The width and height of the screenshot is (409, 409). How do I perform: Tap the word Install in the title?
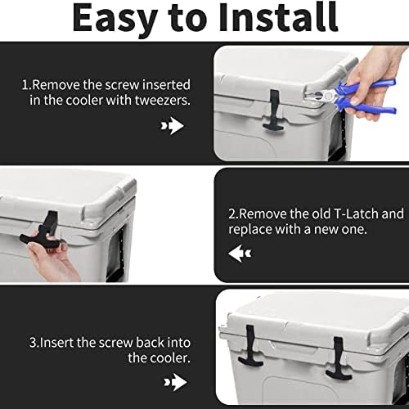[278, 18]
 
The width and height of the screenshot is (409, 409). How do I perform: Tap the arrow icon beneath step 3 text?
[173, 381]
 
